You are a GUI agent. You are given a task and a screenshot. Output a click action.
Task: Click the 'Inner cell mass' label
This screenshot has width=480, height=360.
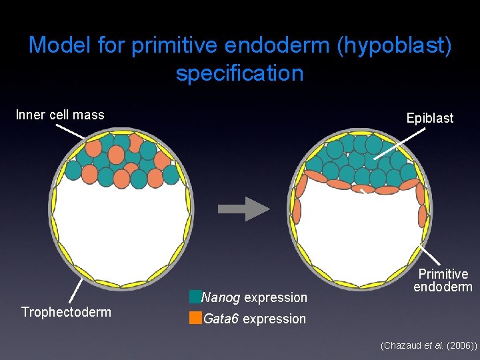tap(60, 115)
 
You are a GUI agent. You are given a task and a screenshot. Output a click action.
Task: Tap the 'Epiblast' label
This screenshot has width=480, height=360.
tap(429, 118)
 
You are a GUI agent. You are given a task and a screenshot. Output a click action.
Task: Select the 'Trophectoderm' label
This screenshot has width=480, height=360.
tap(66, 312)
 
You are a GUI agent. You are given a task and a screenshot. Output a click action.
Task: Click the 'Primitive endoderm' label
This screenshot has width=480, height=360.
tap(443, 281)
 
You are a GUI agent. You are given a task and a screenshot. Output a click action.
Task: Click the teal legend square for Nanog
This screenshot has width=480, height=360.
tap(195, 297)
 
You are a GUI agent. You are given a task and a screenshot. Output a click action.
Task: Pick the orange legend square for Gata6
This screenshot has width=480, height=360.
tap(195, 318)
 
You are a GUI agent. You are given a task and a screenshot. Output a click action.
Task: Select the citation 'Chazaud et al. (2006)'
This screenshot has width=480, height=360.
tap(428, 346)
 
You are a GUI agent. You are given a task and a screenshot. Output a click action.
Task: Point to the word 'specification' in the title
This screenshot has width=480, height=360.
tap(239, 73)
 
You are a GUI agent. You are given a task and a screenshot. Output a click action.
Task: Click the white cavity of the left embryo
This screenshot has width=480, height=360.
tap(120, 227)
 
